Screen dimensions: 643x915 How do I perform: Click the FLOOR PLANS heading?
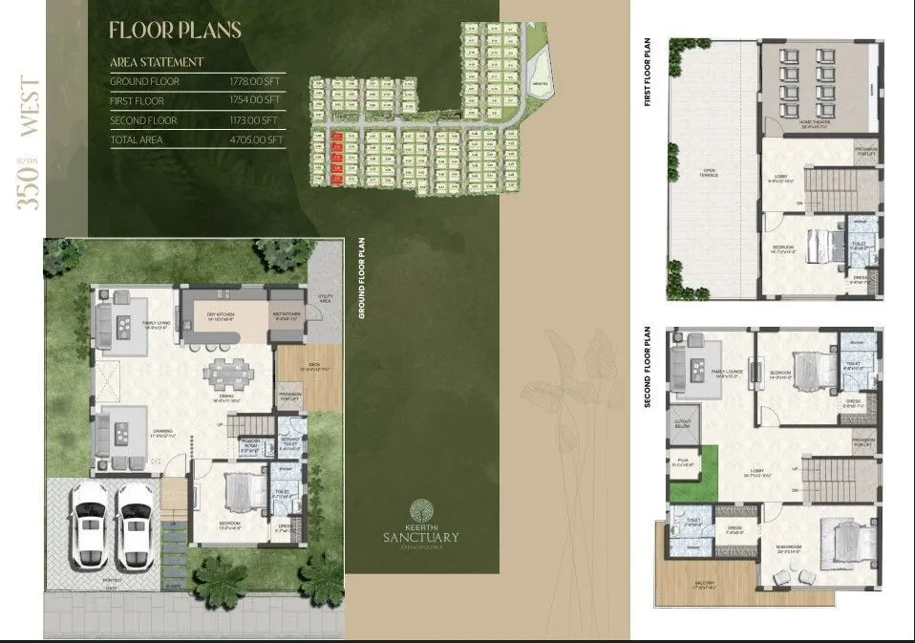coord(175,30)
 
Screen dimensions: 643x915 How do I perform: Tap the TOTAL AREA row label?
coord(136,139)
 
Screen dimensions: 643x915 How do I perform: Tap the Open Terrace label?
coord(709,174)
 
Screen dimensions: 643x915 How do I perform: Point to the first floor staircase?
coord(823,183)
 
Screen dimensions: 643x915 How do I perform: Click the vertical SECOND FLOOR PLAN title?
coord(648,367)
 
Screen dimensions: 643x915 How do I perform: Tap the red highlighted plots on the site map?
coord(336,158)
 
